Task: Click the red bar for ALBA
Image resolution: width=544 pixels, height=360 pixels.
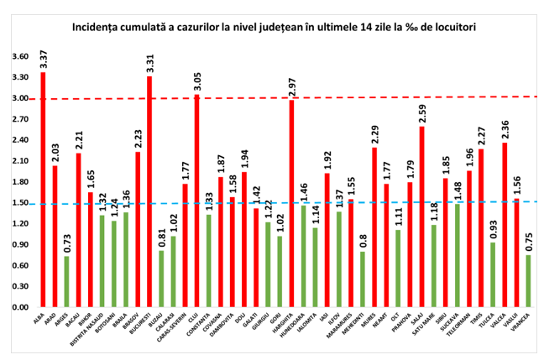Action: (43, 190)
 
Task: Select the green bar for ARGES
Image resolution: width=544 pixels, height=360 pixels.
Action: (66, 281)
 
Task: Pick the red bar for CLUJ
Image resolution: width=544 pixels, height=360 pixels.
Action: (196, 201)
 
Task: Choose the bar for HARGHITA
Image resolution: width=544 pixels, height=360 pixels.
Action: (291, 203)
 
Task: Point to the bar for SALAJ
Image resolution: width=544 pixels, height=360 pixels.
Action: (421, 217)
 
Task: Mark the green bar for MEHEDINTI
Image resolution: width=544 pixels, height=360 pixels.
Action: (362, 279)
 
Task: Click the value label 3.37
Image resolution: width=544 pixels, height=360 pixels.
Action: (43, 59)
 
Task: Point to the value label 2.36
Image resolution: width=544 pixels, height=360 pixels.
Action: (504, 129)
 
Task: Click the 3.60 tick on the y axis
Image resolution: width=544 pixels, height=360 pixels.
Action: (18, 57)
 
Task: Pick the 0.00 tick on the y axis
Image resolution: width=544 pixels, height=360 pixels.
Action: (18, 307)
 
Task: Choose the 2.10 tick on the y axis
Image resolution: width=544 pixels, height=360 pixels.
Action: (18, 161)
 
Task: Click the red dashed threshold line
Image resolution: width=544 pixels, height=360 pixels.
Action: (252, 98)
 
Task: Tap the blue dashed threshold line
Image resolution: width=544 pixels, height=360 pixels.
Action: (252, 203)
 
